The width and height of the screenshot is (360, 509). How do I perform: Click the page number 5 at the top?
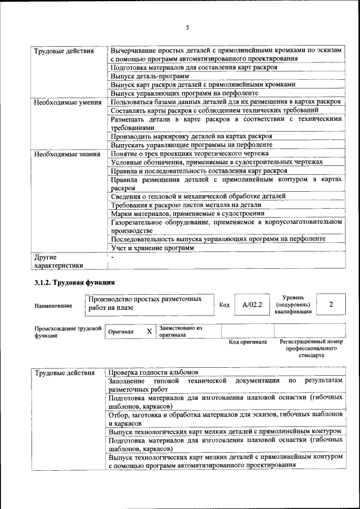pos(187,28)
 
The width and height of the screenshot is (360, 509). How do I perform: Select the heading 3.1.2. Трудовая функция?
pos(75,281)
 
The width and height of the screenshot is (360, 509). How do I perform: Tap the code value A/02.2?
pos(249,304)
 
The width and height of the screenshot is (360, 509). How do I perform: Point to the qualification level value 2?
pos(331,304)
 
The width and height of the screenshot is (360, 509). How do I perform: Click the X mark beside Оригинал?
pos(149,332)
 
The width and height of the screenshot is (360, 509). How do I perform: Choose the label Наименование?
pos(53,305)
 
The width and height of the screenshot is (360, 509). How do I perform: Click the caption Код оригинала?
pos(247,341)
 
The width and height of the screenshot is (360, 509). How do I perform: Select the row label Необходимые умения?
pos(67,102)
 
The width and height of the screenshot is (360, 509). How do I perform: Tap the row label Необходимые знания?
pos(67,154)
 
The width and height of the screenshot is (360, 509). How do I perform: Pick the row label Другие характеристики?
pos(58,261)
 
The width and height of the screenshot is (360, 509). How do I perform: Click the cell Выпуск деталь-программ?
pos(150,75)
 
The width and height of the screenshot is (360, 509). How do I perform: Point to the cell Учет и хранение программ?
pos(152,247)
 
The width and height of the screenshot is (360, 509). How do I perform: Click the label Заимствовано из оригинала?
pos(181,331)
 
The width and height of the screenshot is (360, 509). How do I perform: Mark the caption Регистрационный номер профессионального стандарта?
pos(311,348)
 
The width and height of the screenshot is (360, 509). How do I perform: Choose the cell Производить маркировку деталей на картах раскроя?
pos(191,136)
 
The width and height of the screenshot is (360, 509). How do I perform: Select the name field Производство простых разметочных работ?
pos(144,304)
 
